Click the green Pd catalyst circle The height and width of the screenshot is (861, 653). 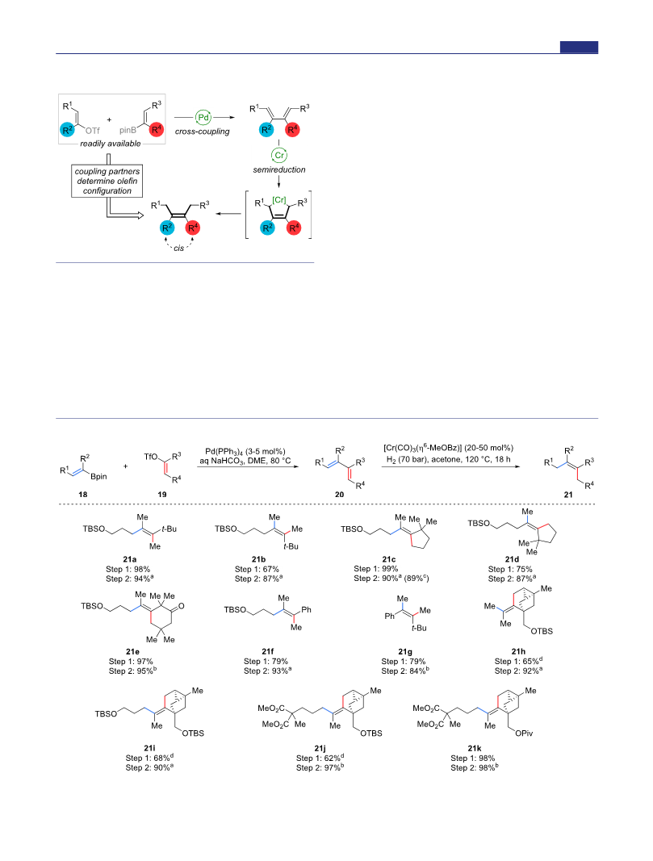pyautogui.click(x=203, y=118)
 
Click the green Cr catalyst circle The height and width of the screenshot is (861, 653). pyautogui.click(x=279, y=155)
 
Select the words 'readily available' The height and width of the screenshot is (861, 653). pyautogui.click(x=111, y=144)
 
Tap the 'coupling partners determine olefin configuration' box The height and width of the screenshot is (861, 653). pyautogui.click(x=107, y=181)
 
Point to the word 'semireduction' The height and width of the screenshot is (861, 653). pyautogui.click(x=279, y=169)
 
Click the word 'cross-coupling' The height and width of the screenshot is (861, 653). pyautogui.click(x=202, y=132)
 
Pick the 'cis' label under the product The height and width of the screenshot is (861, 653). pyautogui.click(x=179, y=249)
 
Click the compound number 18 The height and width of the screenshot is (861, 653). pyautogui.click(x=83, y=494)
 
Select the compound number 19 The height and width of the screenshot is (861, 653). pyautogui.click(x=162, y=494)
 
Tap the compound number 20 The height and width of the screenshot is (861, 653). pyautogui.click(x=339, y=494)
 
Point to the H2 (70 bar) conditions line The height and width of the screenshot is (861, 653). pyautogui.click(x=448, y=460)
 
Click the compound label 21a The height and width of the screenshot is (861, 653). pyautogui.click(x=130, y=559)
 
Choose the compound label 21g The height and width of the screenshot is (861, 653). pyautogui.click(x=405, y=652)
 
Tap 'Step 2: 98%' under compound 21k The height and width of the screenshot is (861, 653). pyautogui.click(x=475, y=767)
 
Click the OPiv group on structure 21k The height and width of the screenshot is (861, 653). pyautogui.click(x=524, y=733)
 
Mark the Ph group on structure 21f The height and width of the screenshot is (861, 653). pyautogui.click(x=307, y=609)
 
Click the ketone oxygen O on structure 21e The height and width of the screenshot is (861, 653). pyautogui.click(x=182, y=607)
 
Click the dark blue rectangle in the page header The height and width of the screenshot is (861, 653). pyautogui.click(x=579, y=48)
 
